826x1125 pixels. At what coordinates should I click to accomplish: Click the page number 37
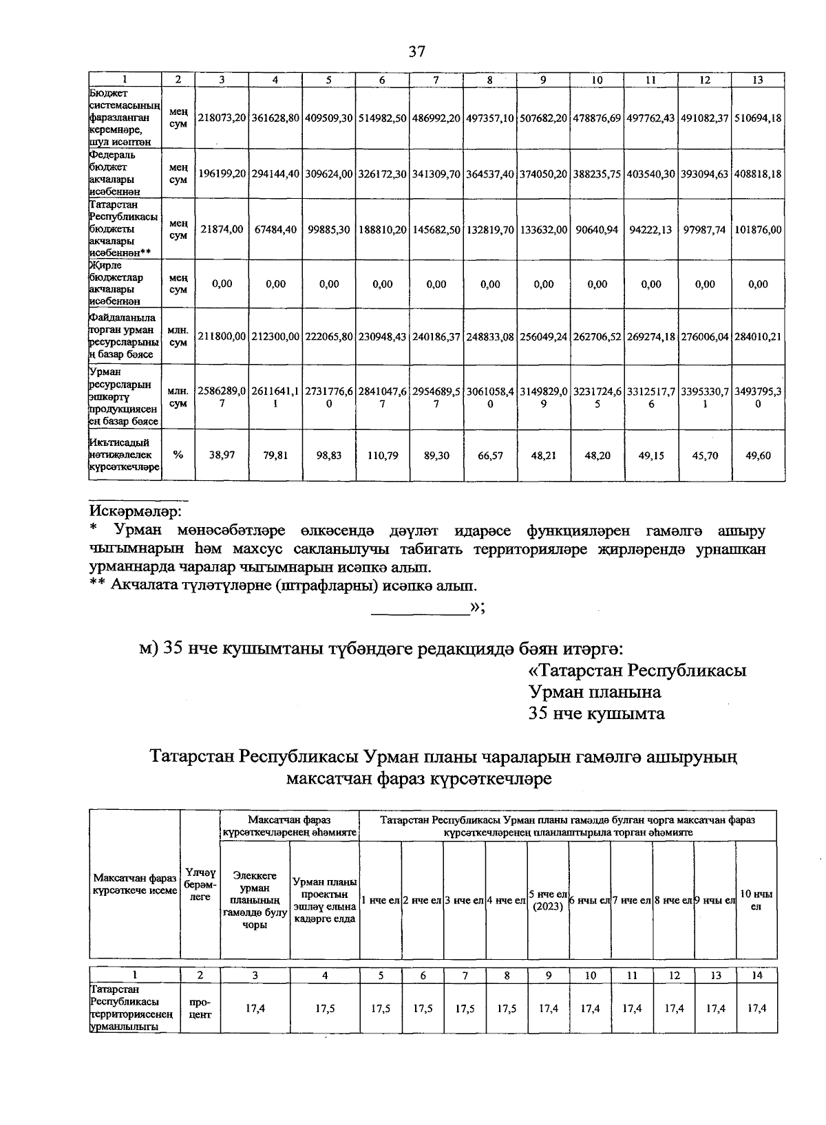point(417,52)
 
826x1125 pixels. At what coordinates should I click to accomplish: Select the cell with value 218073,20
point(222,118)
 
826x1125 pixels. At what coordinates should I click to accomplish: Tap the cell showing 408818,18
point(757,174)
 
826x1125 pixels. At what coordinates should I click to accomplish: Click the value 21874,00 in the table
point(222,229)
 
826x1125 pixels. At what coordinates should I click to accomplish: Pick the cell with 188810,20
point(383,229)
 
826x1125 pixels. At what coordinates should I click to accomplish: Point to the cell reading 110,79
point(383,456)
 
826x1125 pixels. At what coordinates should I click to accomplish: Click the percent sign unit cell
point(178,456)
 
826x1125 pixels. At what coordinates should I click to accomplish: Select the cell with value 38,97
point(222,456)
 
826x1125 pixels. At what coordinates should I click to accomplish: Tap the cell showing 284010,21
point(757,336)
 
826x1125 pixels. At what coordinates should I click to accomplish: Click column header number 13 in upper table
point(757,80)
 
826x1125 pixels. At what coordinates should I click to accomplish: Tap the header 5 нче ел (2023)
point(548,900)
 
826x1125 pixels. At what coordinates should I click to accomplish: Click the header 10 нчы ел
point(756,900)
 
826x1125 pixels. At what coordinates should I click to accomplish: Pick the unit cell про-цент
point(200,1008)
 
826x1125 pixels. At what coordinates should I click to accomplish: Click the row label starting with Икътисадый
point(125,455)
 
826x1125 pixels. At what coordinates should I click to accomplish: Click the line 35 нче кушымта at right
point(596,714)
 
